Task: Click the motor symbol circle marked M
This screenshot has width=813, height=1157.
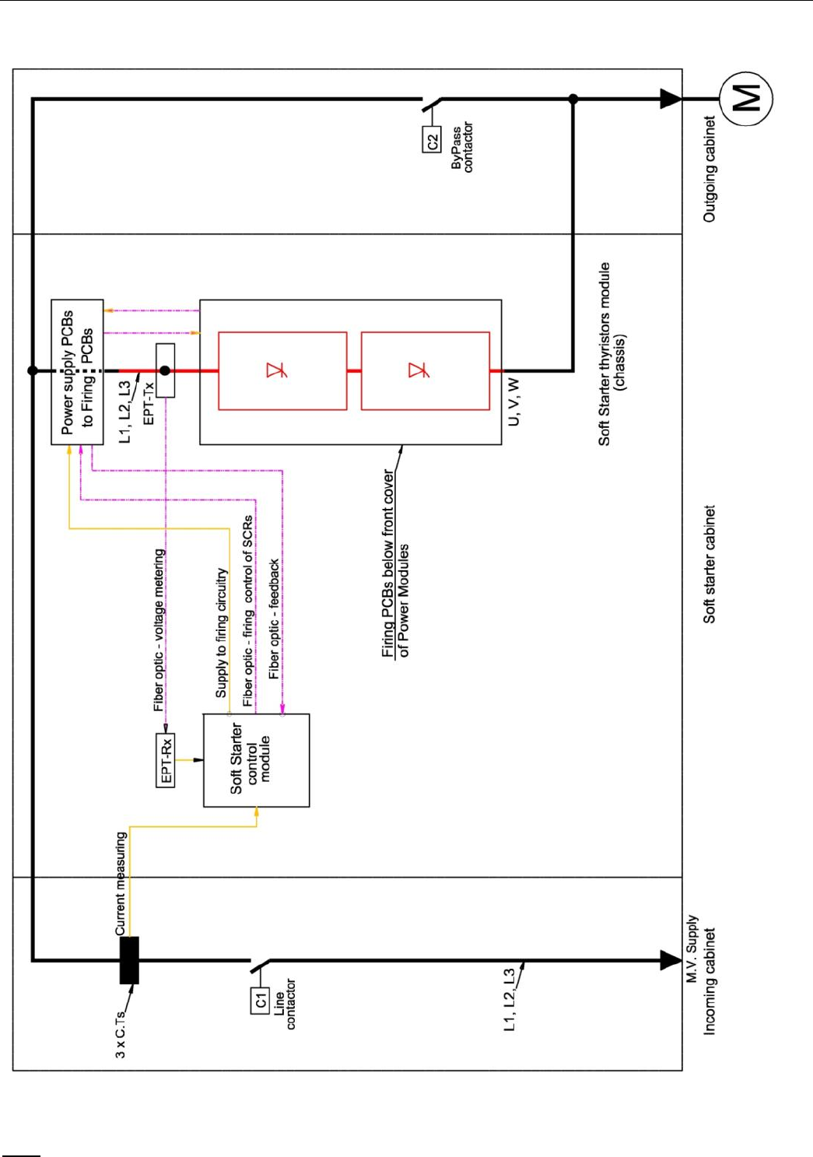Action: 745,99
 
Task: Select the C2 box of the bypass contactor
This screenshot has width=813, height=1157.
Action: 432,140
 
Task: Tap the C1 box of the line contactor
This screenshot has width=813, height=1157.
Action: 260,1001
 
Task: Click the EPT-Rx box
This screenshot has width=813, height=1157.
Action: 166,760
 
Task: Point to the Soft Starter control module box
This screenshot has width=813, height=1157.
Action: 256,760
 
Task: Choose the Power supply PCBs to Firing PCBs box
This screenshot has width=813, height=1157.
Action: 77,372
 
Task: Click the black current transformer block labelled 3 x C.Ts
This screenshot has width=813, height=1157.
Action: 129,960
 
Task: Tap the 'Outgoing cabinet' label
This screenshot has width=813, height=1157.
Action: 709,170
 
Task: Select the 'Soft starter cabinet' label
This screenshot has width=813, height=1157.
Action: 709,564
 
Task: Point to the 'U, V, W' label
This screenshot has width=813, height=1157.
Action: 513,401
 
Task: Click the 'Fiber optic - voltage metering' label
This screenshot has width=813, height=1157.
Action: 159,630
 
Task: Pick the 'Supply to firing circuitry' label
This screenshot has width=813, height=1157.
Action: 222,633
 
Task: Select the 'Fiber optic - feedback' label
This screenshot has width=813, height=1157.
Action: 274,619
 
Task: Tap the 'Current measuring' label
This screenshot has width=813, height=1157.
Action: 121,884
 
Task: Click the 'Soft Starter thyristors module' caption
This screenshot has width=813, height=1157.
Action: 604,354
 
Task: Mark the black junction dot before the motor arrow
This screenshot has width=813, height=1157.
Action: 573,99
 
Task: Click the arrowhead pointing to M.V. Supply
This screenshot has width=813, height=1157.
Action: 671,960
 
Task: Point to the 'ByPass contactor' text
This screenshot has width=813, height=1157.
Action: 461,146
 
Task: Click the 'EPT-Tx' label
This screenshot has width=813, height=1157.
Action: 149,403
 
